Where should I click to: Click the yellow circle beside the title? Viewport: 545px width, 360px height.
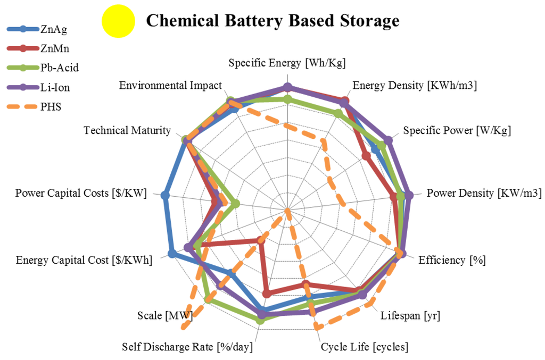click(118, 22)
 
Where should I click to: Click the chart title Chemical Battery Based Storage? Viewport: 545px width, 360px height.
click(272, 21)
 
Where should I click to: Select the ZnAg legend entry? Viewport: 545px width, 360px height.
click(53, 29)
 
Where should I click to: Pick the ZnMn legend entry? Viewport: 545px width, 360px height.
click(53, 48)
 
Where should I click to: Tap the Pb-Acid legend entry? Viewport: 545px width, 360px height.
click(56, 68)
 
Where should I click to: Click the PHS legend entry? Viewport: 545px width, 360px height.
click(51, 106)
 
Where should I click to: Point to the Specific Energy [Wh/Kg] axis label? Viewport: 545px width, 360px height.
click(287, 63)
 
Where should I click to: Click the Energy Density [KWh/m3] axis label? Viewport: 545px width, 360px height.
click(415, 85)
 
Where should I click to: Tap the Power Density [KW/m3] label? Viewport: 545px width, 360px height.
click(484, 193)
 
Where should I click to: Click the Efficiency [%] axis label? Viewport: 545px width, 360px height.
click(452, 260)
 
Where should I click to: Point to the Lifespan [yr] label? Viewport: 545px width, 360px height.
click(410, 316)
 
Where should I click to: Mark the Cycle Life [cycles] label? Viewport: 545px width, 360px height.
click(365, 347)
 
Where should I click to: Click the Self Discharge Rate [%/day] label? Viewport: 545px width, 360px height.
click(187, 347)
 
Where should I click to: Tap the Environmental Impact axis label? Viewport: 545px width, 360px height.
click(170, 85)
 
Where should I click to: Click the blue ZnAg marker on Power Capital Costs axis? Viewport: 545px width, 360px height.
click(165, 196)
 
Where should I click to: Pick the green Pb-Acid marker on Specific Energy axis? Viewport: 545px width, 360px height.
click(287, 99)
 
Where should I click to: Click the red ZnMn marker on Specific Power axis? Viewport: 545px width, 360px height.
click(366, 155)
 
